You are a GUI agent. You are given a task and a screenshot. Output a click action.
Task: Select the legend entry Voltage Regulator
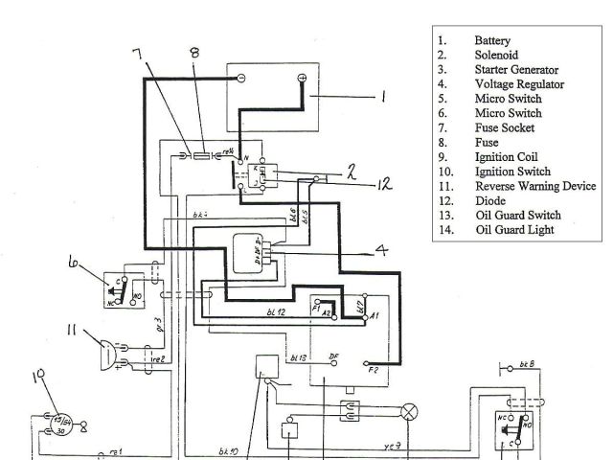tap(519, 84)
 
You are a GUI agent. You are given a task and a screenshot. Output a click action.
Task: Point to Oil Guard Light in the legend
tap(513, 229)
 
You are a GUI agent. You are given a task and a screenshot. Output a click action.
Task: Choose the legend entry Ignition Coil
tap(506, 156)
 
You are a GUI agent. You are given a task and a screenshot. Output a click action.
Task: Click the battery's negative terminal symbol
tap(241, 77)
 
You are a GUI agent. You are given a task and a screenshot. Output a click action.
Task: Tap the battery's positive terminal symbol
tap(302, 78)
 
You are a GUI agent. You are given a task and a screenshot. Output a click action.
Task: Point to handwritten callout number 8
tap(194, 53)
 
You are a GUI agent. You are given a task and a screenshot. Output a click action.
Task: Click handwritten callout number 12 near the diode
tap(383, 184)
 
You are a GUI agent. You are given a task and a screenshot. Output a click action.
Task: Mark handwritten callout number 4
tap(381, 252)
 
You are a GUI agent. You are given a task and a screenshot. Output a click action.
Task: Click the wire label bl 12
tap(276, 313)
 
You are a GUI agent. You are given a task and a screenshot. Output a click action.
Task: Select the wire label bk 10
tap(227, 450)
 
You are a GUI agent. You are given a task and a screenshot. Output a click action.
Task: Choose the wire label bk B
tap(528, 365)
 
